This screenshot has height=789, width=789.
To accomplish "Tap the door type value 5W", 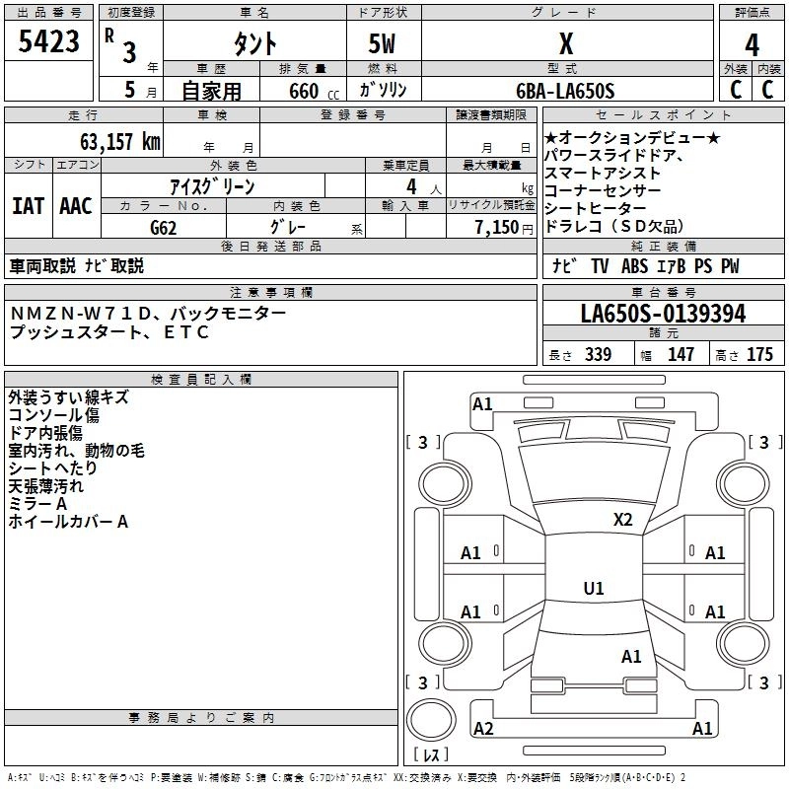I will [383, 44].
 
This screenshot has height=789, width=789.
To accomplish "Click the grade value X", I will [565, 43].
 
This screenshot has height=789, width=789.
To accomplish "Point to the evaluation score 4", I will [752, 45].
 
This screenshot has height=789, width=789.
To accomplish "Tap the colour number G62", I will [164, 228].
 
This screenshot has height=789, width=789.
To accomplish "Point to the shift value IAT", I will [28, 206].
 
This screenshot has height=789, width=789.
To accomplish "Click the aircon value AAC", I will [75, 206].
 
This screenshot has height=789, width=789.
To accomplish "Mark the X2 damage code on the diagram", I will [622, 519].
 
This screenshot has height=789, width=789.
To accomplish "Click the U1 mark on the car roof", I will [593, 589].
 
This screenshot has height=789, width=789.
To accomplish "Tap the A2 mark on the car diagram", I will [483, 729].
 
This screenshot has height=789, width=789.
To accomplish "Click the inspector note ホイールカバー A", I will [68, 522].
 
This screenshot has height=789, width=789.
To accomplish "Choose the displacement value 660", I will [303, 91].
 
